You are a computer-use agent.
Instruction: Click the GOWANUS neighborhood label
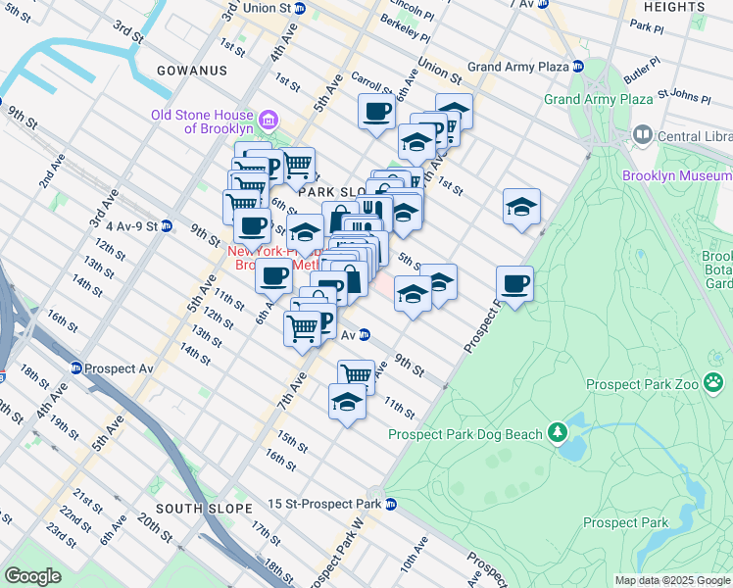pos(191,71)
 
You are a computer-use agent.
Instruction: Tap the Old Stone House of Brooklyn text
pos(202,122)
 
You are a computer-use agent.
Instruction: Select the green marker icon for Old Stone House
pos(273,121)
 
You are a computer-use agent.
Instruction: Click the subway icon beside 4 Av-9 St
pos(167,225)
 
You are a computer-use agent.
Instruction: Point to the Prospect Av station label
pos(120,368)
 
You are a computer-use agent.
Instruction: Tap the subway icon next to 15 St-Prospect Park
pos(391,505)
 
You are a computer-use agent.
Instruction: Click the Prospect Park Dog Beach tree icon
pos(557,432)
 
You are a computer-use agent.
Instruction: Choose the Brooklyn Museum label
pos(676,176)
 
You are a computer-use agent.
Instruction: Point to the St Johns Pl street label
pos(683,96)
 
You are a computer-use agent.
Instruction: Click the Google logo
pos(33,576)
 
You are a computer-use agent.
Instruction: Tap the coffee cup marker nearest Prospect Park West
pos(514,284)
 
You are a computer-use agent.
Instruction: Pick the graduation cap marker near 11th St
pos(346,403)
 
